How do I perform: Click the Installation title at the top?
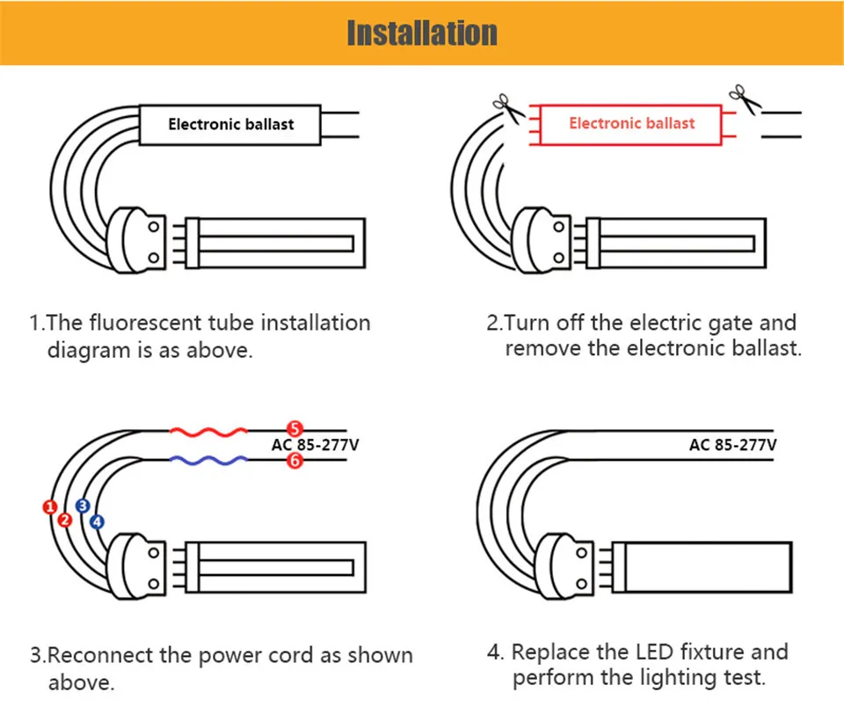coord(421,33)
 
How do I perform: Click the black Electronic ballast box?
coord(230,124)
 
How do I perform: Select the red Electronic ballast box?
coord(631,123)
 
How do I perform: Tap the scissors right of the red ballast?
coord(743,99)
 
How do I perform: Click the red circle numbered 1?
coord(50,507)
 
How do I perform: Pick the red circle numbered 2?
coord(64,520)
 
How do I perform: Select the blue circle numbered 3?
coord(83,506)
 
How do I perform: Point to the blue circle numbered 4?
coord(97,521)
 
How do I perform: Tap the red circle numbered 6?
coord(295,460)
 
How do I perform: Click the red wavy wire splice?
coord(207,432)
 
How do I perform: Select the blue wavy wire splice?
coord(207,460)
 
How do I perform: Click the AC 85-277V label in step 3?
coord(315,445)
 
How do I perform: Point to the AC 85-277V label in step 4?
coord(732,445)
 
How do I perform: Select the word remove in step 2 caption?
coord(542,347)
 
